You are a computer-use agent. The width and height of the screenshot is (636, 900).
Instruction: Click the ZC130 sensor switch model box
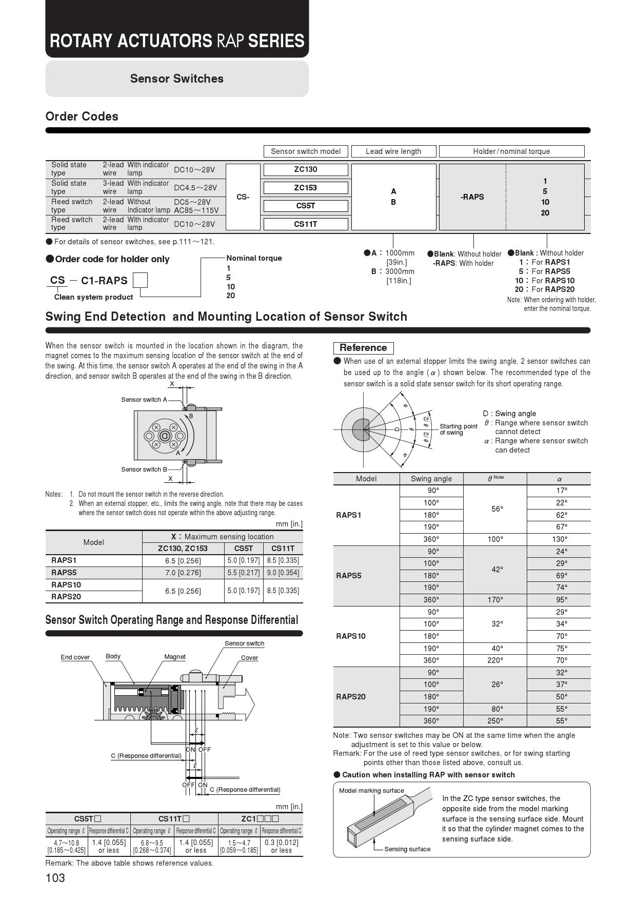[306, 169]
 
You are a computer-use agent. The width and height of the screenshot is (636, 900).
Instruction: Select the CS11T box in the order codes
[306, 224]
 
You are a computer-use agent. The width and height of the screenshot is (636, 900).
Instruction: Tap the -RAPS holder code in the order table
[472, 197]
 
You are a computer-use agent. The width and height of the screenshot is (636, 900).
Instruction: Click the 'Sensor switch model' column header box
[306, 151]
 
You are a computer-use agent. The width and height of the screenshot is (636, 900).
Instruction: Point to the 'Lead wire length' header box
[393, 151]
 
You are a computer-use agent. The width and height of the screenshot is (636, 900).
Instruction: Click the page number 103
[55, 878]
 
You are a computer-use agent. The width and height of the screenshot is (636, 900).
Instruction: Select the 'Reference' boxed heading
[363, 348]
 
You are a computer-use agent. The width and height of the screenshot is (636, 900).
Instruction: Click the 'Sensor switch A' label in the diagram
[144, 400]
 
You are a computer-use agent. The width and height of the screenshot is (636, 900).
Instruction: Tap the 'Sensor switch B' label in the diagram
[144, 469]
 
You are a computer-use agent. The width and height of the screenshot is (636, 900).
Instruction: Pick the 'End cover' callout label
[75, 657]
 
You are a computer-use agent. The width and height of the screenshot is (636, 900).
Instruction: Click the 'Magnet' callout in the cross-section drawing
[175, 657]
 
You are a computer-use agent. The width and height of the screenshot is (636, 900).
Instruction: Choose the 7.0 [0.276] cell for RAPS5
[183, 573]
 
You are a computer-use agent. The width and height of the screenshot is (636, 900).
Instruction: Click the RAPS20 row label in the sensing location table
[66, 597]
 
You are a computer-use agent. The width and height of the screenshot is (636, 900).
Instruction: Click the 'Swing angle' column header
[431, 479]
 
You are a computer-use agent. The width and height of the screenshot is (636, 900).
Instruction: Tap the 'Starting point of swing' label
[458, 429]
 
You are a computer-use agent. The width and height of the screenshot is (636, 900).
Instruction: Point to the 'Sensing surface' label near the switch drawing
[407, 849]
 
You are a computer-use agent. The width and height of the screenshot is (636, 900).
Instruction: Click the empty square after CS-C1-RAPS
[140, 280]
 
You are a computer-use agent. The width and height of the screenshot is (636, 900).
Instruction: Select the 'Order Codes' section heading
[82, 116]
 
